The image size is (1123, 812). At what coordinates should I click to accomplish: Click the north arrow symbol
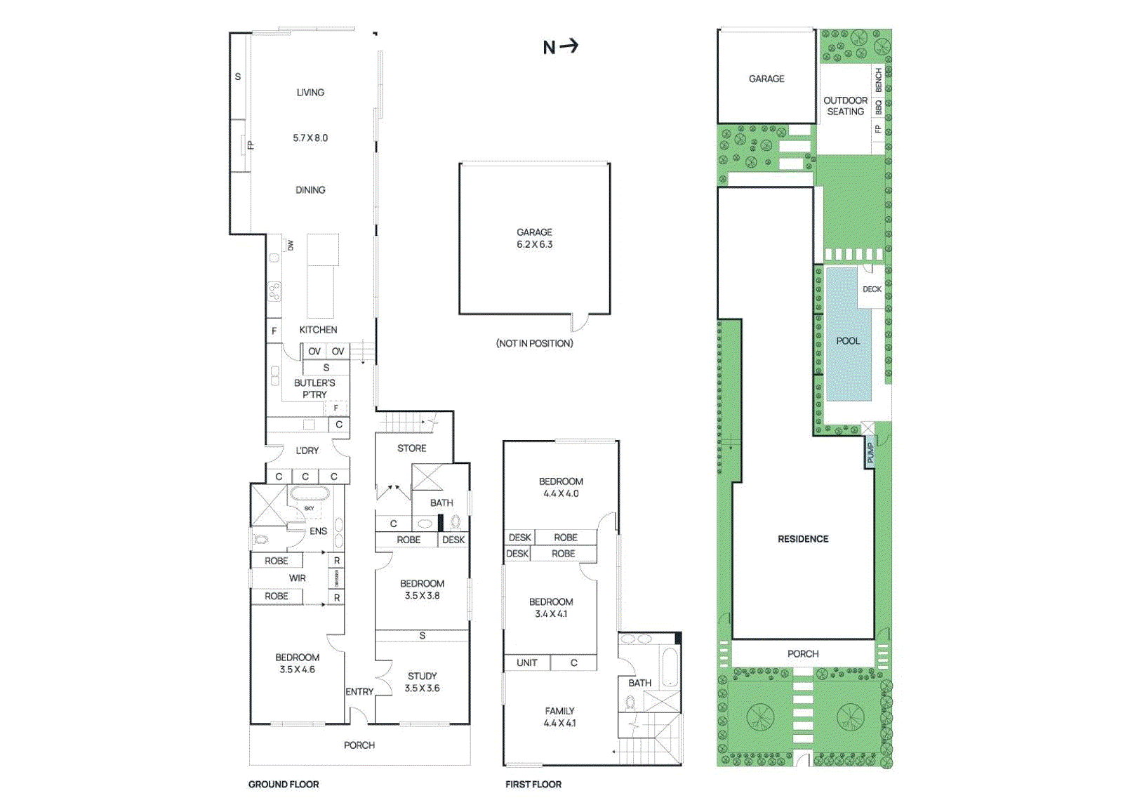pos(561,47)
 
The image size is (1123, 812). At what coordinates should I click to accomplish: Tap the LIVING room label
pos(310,93)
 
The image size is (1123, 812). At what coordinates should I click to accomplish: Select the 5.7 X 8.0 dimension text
pos(310,138)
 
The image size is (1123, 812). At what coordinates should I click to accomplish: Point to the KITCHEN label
pos(318,330)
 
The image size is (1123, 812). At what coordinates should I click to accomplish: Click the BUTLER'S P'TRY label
pos(314,389)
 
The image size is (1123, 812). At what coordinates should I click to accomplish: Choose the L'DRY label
pos(307,451)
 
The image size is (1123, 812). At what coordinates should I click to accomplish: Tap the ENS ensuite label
pos(318,531)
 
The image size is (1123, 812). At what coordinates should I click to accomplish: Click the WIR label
pos(298,578)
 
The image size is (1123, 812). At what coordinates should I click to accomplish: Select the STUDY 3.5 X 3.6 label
pos(422,682)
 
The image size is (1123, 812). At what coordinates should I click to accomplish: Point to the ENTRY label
pos(359,692)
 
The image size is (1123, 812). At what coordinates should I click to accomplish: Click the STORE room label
pos(411,448)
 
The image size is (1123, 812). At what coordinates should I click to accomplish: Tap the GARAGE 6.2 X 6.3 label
pos(534,239)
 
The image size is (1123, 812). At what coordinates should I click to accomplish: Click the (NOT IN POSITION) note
pos(534,343)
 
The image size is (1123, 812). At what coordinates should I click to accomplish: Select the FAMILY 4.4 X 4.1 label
pos(559,717)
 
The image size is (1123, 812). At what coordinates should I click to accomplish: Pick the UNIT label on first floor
pos(526,663)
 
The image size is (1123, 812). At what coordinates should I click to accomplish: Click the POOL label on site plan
pos(848,341)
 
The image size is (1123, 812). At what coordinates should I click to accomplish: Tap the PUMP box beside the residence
pos(870,453)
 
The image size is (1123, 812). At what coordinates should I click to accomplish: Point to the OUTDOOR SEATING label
pos(845,106)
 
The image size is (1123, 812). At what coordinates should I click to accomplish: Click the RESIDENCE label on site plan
pos(803,539)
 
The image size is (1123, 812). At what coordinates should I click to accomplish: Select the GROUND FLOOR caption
pos(284,785)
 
